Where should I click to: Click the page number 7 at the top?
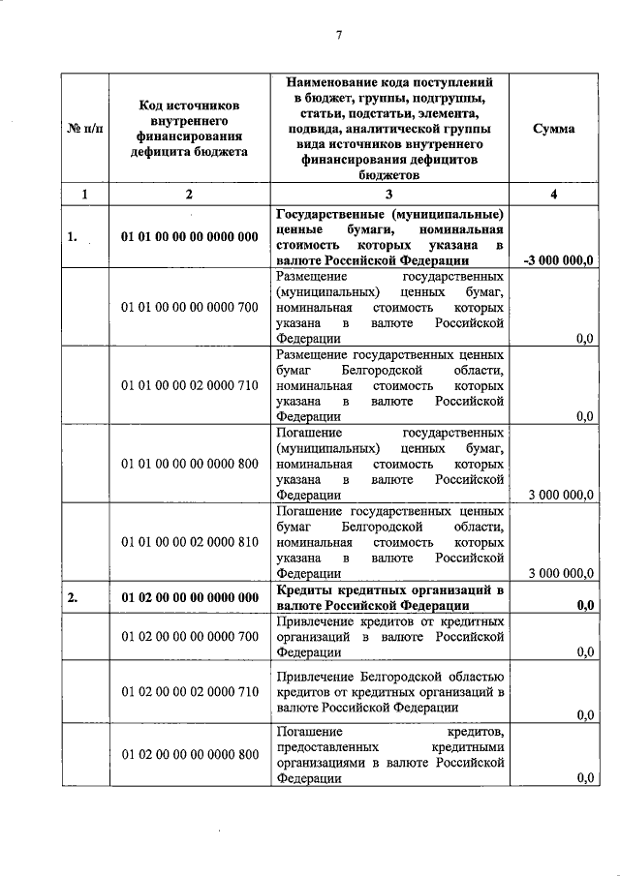tap(339, 36)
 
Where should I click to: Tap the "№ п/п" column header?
tap(85, 129)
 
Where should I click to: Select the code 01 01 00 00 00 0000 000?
tap(190, 236)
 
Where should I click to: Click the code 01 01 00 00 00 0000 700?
tap(190, 307)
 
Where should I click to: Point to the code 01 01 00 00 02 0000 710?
tap(190, 385)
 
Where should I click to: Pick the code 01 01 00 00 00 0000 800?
tap(190, 464)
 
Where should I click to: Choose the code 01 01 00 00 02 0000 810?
tap(190, 541)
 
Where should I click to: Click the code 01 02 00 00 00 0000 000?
tap(190, 597)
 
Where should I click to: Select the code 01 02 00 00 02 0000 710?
tap(190, 693)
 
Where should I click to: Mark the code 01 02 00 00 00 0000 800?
tap(190, 754)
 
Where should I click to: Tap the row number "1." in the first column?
tap(73, 236)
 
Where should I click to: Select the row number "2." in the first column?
tap(73, 597)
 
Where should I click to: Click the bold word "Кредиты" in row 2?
tap(306, 589)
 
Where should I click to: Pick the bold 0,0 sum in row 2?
tap(584, 605)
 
